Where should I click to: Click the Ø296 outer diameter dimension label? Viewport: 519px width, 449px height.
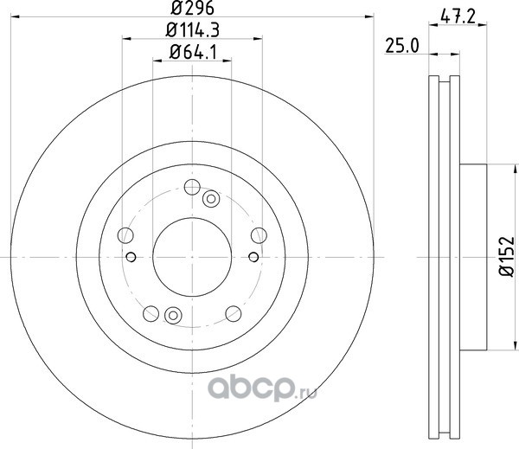[192, 8]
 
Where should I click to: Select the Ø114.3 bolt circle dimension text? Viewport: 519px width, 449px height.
[192, 30]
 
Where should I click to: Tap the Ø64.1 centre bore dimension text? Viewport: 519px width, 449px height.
[193, 52]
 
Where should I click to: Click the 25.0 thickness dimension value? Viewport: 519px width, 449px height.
[402, 46]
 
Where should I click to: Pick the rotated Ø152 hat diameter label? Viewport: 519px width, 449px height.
[506, 256]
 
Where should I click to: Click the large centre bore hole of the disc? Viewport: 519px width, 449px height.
[192, 257]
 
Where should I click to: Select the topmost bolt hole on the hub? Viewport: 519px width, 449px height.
[192, 187]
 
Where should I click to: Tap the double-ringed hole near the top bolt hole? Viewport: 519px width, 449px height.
[211, 199]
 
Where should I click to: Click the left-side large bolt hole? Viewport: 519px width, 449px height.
[125, 235]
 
